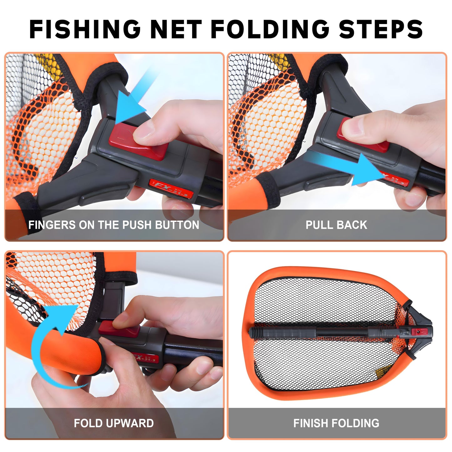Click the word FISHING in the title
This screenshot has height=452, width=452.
(85, 29)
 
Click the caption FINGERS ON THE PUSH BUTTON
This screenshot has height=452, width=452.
(114, 225)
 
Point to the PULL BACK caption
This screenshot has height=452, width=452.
(336, 225)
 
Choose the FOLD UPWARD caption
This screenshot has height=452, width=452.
(114, 423)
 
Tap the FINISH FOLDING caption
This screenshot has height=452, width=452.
(336, 423)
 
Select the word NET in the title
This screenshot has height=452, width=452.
(175, 29)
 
